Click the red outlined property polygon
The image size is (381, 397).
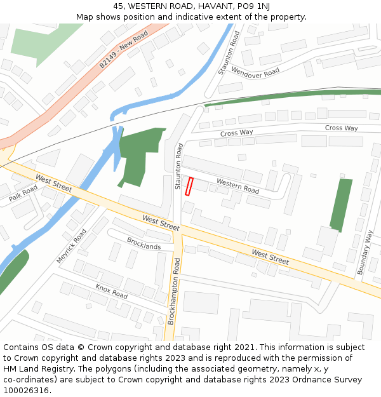coord(189,187)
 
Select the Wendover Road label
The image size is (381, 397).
coord(255,71)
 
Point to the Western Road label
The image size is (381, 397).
coord(237,186)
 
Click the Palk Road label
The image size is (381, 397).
coord(23,194)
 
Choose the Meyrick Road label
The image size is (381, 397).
coord(70,246)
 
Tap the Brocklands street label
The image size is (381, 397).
coord(144,243)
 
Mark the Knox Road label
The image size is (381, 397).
coord(111,292)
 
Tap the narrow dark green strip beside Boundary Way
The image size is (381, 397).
coord(342,205)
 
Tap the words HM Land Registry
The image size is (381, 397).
coord(34,368)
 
